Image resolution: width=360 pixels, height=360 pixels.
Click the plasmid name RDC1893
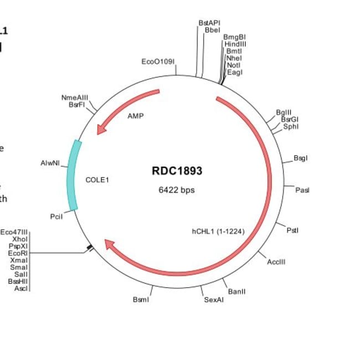(x=177, y=171)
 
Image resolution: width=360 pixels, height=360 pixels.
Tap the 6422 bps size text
(x=177, y=190)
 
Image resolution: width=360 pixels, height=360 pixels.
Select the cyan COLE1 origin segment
(x=73, y=175)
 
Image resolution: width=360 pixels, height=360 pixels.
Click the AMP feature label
(x=135, y=116)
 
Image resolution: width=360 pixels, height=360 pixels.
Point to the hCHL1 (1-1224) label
(x=218, y=231)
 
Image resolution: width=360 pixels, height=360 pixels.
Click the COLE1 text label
(x=98, y=180)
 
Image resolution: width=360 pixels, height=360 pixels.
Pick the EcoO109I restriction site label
(x=158, y=61)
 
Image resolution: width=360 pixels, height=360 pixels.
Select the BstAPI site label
(x=209, y=23)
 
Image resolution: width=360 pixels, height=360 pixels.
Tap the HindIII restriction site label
(x=235, y=43)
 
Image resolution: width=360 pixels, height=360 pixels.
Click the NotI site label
(x=234, y=65)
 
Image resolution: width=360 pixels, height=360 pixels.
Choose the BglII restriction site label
(x=284, y=112)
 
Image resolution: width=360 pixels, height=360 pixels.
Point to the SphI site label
(x=291, y=126)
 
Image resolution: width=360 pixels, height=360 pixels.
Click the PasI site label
(x=302, y=190)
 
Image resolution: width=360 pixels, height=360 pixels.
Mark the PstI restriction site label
(x=293, y=230)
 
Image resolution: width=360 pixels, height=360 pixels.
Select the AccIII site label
(x=276, y=261)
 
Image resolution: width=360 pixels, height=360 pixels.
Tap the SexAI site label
(x=214, y=300)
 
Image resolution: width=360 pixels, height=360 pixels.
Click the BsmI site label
(x=141, y=300)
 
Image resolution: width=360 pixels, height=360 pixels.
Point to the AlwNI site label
(x=50, y=163)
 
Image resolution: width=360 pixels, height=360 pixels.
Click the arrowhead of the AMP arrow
(x=100, y=130)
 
